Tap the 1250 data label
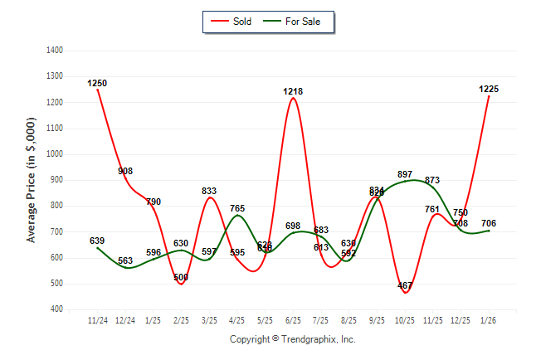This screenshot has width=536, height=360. (x=97, y=83)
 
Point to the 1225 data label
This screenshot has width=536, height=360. (x=489, y=89)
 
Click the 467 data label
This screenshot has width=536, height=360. (x=405, y=286)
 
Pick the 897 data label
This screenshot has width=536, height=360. (x=405, y=174)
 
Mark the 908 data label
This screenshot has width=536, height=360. (x=125, y=171)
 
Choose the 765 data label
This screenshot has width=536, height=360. (x=237, y=208)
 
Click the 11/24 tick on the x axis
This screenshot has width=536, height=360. (x=97, y=319)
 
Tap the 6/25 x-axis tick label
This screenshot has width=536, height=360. (x=293, y=319)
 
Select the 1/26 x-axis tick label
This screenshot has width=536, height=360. (x=489, y=319)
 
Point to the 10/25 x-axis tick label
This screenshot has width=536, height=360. (x=405, y=319)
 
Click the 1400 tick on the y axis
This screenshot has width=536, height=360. (x=55, y=51)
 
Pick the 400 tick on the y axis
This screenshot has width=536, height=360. (x=57, y=309)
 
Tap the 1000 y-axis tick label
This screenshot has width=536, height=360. (x=55, y=154)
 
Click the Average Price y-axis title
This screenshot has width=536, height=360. (x=32, y=179)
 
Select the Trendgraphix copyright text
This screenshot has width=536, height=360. (x=292, y=339)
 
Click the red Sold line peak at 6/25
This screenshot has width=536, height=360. (x=293, y=99)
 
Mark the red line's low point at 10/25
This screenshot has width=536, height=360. (x=405, y=292)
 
